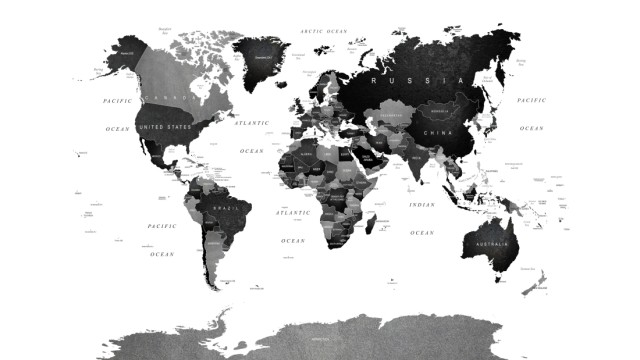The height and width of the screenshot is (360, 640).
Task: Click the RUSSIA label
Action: pyautogui.click(x=416, y=79)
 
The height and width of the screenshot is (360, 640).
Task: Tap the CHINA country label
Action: pyautogui.click(x=438, y=133)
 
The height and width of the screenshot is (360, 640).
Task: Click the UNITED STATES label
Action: pyautogui.click(x=164, y=128)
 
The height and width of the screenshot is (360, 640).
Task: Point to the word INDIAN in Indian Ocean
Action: pyautogui.click(x=422, y=205)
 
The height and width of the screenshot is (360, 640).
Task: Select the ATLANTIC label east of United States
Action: pyautogui.click(x=252, y=123)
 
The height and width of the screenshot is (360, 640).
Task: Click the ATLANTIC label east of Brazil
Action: pyautogui.click(x=293, y=213)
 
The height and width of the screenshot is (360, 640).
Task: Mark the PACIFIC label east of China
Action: pyautogui.click(x=531, y=101)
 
